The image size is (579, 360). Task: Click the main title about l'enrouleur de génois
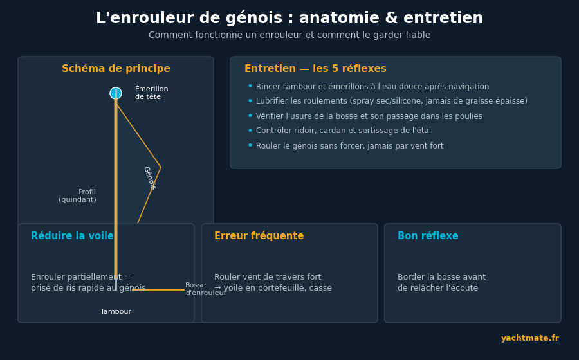[x=289, y=18]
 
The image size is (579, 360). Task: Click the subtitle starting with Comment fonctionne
[x=289, y=35]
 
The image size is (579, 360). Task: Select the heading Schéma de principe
[x=116, y=69]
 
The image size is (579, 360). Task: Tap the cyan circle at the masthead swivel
[x=116, y=93]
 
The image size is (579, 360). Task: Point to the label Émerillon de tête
[x=151, y=93]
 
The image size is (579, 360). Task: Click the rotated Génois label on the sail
[x=149, y=178]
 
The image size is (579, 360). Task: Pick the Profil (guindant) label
[x=77, y=196]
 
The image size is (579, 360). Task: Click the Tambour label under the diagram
[x=116, y=311]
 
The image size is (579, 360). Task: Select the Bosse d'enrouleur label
[x=206, y=289]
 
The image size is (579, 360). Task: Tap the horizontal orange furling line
[x=158, y=289]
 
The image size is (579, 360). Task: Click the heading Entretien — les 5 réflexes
[x=315, y=69]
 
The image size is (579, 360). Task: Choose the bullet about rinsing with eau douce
[x=372, y=87]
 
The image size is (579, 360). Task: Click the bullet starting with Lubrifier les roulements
[x=391, y=101]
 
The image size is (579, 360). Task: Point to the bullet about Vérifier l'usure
[x=369, y=116]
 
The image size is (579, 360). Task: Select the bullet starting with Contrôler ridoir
[x=344, y=130]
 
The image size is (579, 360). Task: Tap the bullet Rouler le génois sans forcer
[x=350, y=146]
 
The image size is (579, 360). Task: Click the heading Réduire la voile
[x=72, y=236]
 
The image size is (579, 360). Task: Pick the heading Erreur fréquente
[x=259, y=236]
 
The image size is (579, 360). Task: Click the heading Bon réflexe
[x=428, y=236]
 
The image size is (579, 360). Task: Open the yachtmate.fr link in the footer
[x=530, y=338]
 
